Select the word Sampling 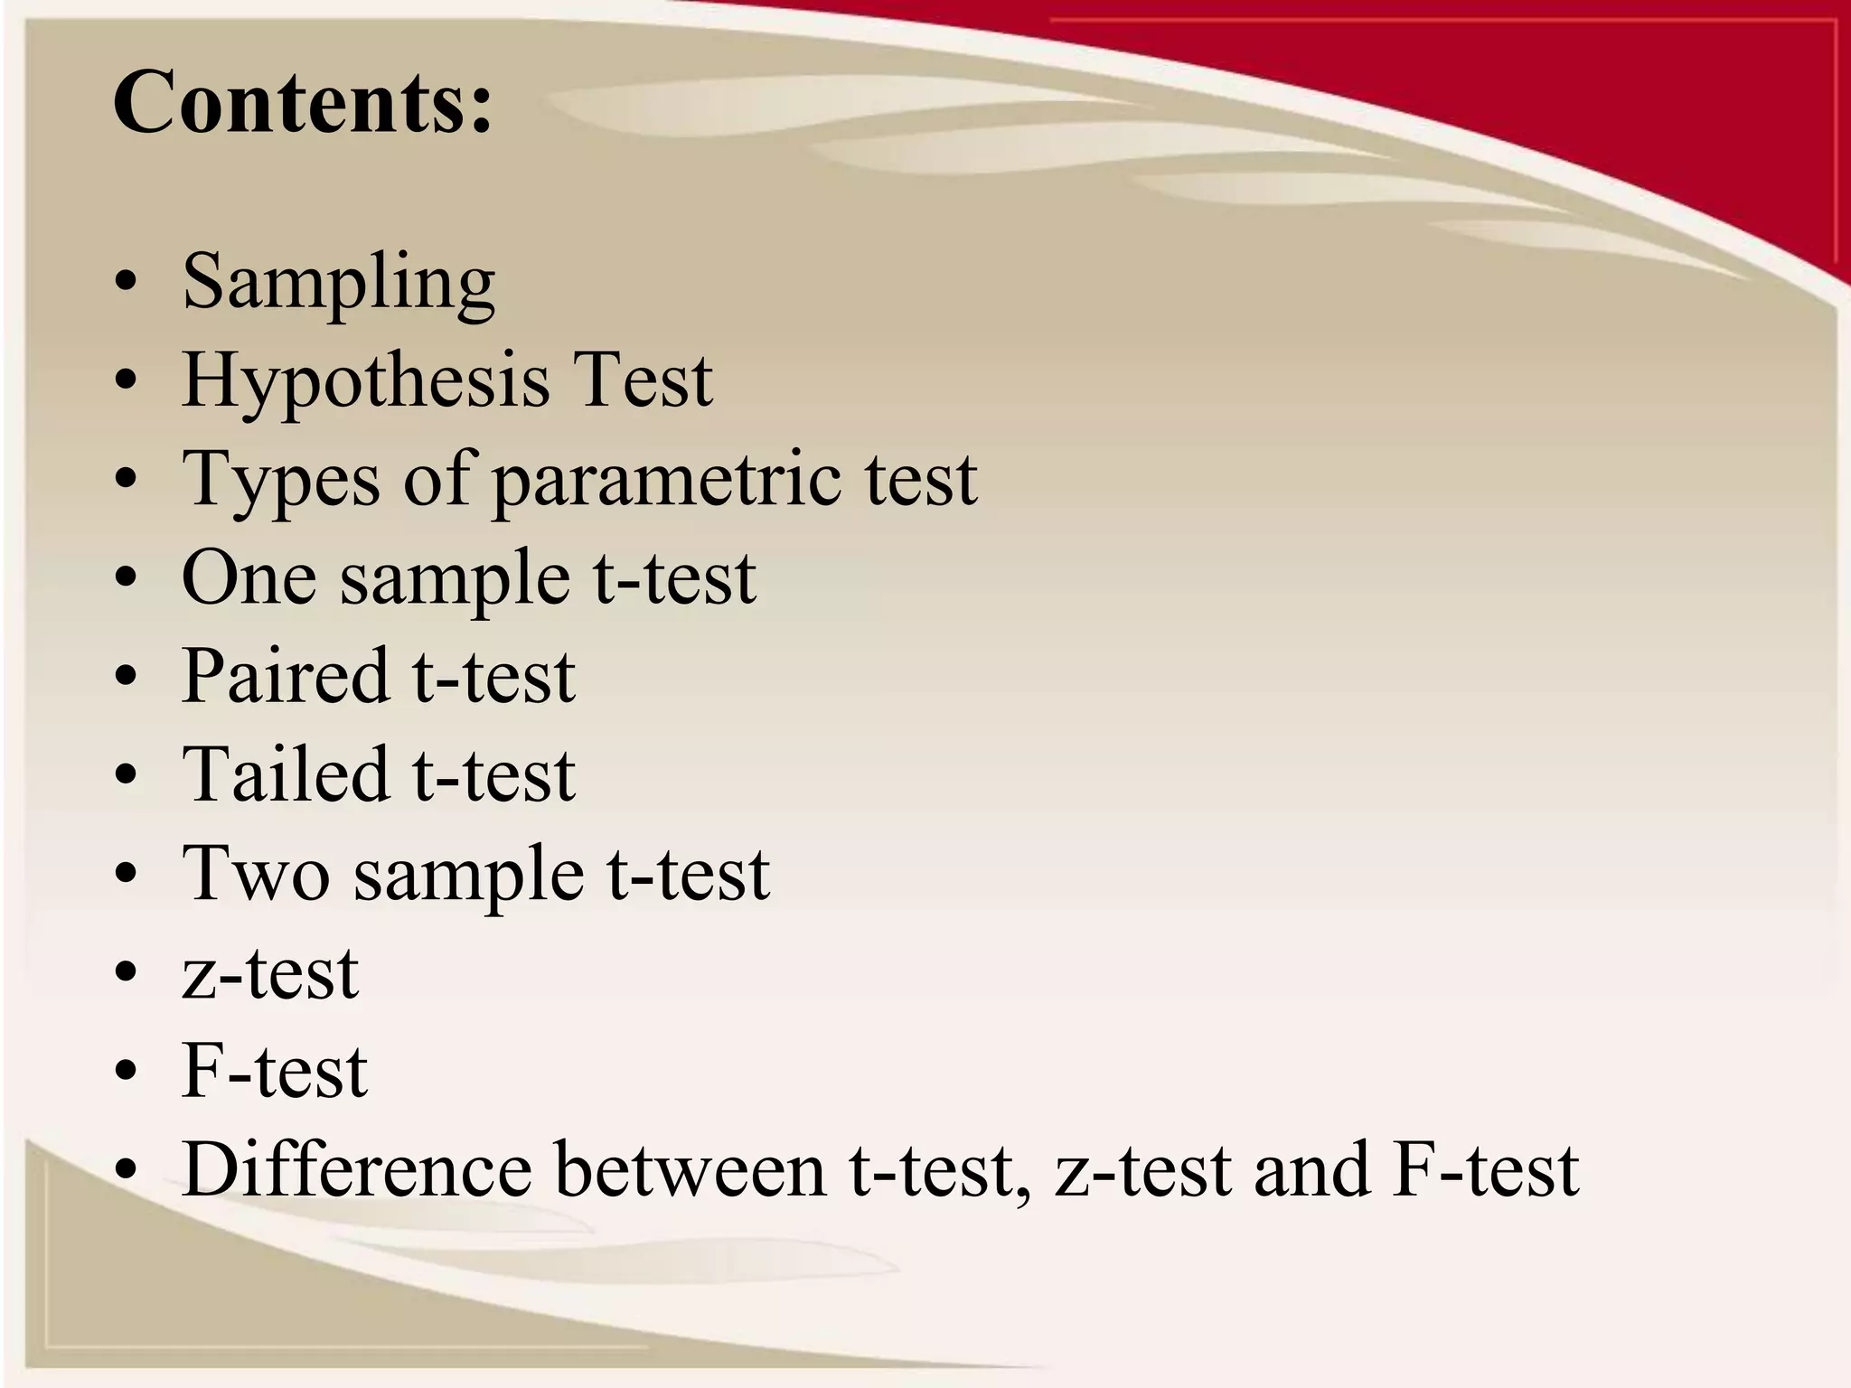(x=338, y=282)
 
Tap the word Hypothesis (x=365, y=381)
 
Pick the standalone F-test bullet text (x=275, y=1071)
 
